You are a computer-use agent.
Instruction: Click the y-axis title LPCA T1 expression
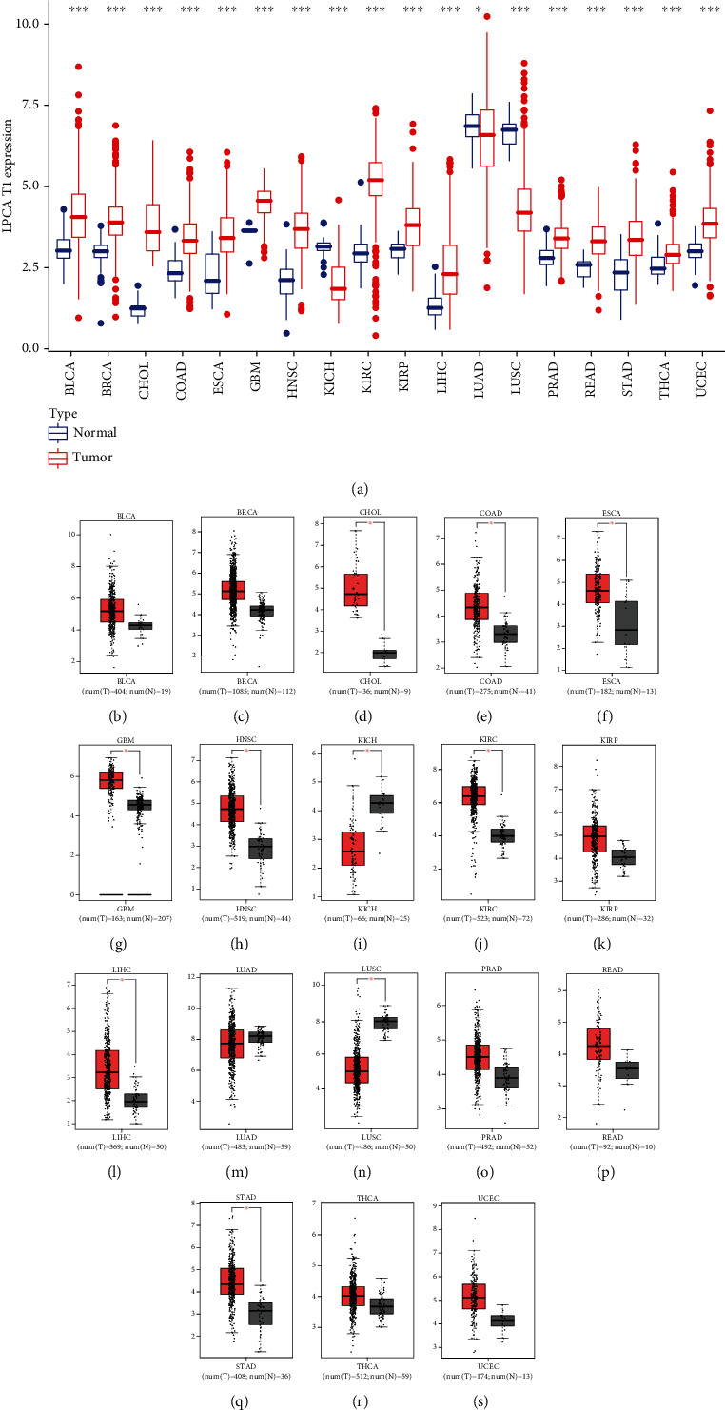point(10,181)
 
